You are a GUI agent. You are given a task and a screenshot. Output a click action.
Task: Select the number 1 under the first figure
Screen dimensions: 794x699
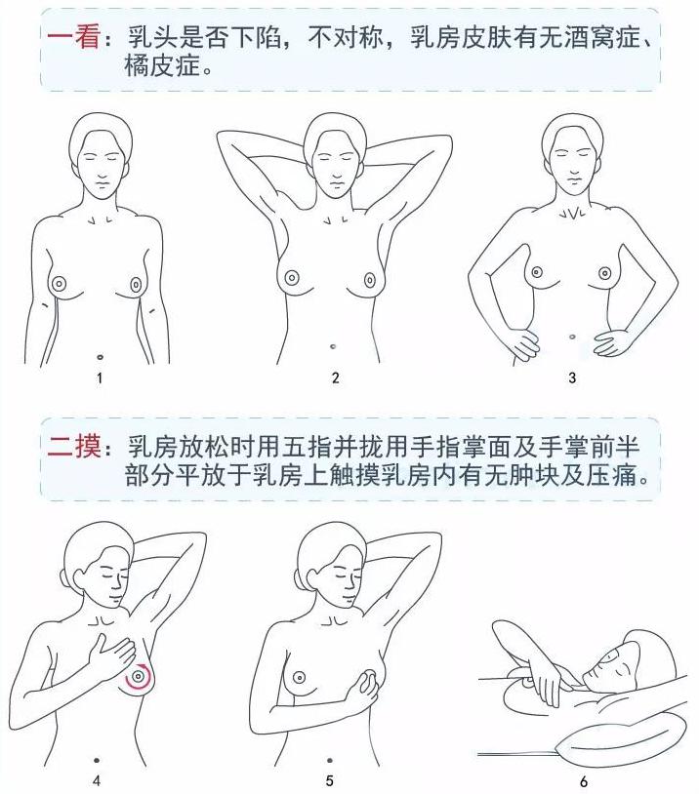100,377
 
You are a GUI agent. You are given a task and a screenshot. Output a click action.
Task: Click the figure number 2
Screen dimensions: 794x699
336,377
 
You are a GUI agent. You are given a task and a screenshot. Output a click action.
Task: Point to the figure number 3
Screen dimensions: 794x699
572,377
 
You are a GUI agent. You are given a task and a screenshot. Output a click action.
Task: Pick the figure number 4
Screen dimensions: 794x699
96,780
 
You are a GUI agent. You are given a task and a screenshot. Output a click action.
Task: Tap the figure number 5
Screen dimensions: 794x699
330,780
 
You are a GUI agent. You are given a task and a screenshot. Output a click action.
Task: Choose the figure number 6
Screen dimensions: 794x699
584,781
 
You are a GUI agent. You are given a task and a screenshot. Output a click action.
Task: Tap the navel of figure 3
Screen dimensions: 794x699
571,337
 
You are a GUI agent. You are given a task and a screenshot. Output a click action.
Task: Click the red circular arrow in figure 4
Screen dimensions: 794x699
143,673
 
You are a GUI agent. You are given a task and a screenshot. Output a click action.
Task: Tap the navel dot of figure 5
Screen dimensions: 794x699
330,759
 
